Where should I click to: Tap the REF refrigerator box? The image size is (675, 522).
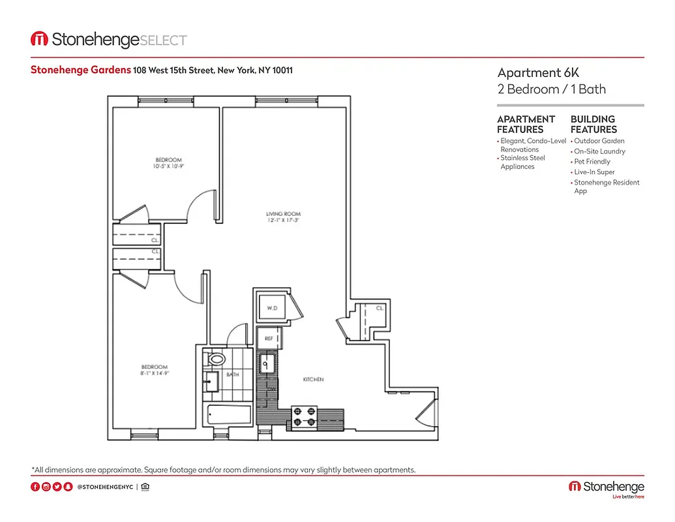coord(269,339)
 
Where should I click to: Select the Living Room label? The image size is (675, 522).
coord(283,214)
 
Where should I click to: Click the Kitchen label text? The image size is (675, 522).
coord(313,379)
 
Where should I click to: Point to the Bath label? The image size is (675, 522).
coord(232,375)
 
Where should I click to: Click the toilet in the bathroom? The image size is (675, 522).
coord(215,359)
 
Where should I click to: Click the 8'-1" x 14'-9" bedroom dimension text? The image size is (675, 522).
coord(155,373)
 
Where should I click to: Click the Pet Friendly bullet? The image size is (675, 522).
coord(592,162)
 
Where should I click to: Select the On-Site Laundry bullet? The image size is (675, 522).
coord(599,151)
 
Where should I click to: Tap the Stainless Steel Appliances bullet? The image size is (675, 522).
coord(522,162)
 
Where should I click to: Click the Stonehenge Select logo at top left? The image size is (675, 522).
coord(109,40)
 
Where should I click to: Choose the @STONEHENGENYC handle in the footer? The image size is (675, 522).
coord(104,487)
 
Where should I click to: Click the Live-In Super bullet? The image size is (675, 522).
coord(594,172)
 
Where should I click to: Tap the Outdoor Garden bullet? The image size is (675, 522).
coord(599,141)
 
